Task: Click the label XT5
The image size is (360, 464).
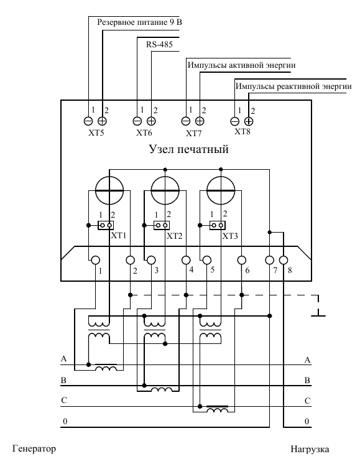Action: click(x=96, y=132)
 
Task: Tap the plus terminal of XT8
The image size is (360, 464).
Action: click(x=249, y=121)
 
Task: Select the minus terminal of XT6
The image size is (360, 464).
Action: click(x=137, y=121)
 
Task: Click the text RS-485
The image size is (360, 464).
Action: click(x=159, y=45)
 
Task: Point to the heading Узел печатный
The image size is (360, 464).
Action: click(x=189, y=149)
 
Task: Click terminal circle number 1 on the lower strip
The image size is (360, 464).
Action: click(x=95, y=261)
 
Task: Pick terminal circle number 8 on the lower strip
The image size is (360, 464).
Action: click(x=284, y=261)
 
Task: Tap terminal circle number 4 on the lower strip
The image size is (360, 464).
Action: click(x=186, y=261)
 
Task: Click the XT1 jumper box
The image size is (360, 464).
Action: click(x=106, y=226)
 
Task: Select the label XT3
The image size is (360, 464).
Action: click(x=230, y=236)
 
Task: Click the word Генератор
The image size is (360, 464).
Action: click(x=34, y=448)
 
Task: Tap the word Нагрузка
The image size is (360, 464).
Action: click(x=310, y=450)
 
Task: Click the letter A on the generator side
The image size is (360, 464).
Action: click(x=63, y=359)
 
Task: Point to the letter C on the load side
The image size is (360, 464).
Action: click(x=307, y=401)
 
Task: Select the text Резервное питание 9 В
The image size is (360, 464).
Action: click(x=140, y=22)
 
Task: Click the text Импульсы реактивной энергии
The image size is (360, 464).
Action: click(x=293, y=86)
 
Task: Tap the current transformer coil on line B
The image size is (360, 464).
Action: click(x=162, y=389)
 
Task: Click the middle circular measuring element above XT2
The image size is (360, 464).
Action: click(x=165, y=190)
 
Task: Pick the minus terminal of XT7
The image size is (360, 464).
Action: click(x=186, y=121)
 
